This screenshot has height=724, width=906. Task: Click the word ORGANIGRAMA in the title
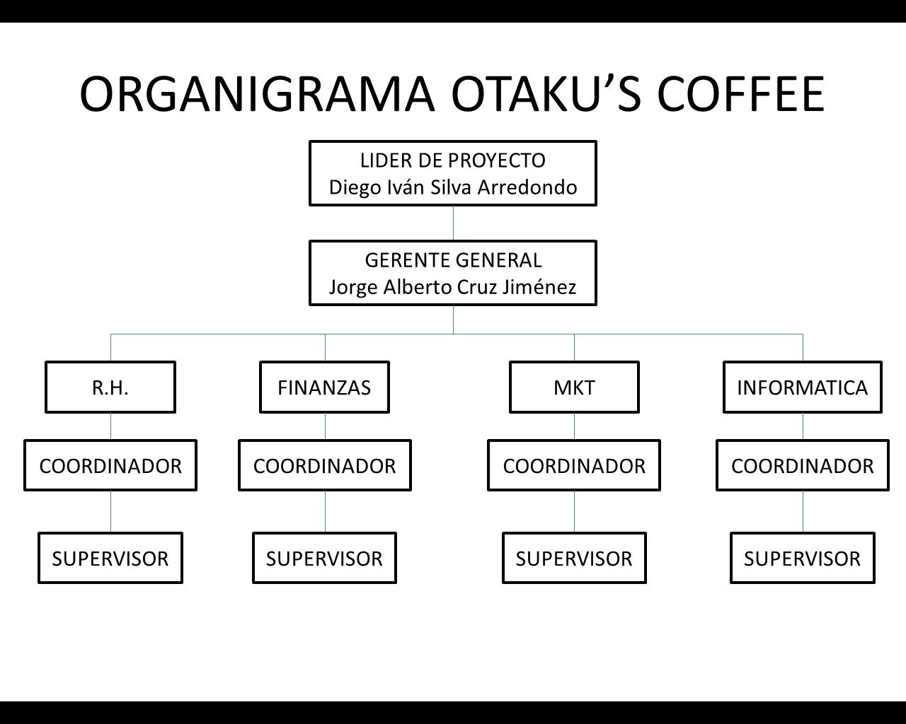coord(257,94)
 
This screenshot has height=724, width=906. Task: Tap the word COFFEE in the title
coord(741,94)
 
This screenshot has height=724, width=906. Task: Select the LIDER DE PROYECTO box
coord(453,173)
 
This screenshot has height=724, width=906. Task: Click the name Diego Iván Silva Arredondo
coord(453,187)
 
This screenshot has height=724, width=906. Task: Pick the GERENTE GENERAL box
coord(453,273)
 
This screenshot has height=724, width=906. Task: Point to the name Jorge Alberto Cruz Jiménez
coord(452,287)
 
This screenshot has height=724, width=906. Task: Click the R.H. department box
coord(110,387)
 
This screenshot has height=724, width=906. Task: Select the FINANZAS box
coord(325,387)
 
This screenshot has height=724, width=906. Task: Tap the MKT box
coord(574,387)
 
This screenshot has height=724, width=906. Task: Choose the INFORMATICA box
coord(803,387)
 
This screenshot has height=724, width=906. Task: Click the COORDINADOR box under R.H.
coord(110,465)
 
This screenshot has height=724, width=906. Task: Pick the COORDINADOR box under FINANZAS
coord(325,465)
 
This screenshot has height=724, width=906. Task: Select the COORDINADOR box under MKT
coord(574,465)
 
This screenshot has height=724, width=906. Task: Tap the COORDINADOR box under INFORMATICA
coord(803,465)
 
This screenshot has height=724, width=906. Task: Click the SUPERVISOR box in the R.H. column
coord(110,558)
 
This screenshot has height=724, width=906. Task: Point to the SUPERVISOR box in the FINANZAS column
coord(325,558)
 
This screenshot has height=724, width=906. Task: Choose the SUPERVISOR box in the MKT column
coord(574,558)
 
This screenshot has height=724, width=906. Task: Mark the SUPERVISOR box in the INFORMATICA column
coord(803,558)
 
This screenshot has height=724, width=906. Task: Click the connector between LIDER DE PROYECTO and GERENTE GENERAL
coord(453,223)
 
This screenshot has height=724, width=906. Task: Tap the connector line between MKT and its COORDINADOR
coord(574,426)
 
